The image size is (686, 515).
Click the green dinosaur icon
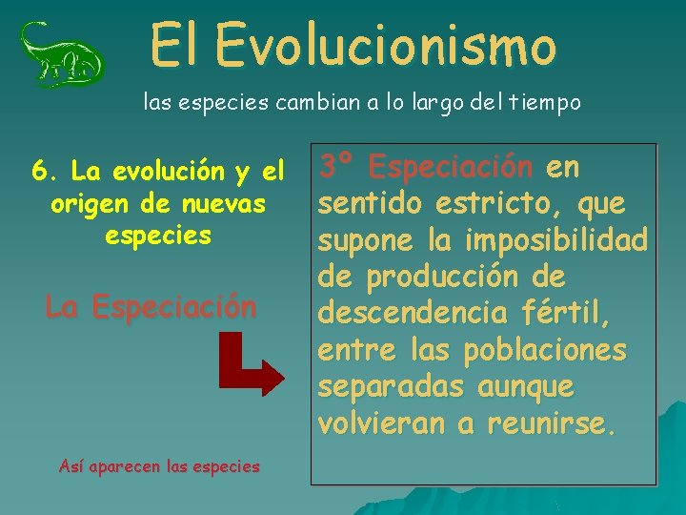point(62,54)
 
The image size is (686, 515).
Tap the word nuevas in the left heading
point(229,203)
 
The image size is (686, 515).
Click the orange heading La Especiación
point(151,307)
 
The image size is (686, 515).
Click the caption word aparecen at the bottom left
point(124,466)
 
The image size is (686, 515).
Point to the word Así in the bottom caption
point(71,466)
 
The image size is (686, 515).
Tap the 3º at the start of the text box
point(338,168)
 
